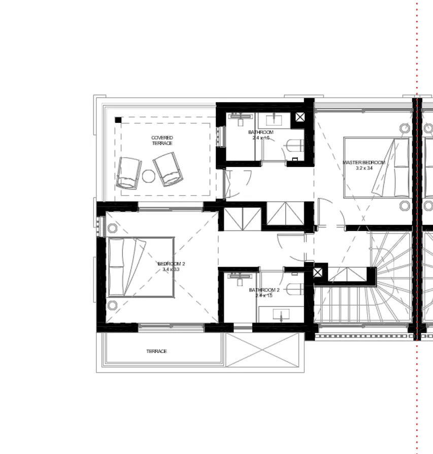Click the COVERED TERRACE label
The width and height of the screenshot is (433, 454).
(162, 141)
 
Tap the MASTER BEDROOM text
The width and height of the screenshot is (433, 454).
(364, 163)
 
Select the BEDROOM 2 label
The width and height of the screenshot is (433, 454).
(171, 264)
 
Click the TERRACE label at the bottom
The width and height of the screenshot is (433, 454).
(156, 351)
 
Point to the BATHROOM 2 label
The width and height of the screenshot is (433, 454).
(264, 290)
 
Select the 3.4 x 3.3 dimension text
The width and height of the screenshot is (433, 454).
(171, 270)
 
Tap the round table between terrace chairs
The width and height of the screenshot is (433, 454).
(148, 176)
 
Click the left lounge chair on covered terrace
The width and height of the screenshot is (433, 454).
(128, 173)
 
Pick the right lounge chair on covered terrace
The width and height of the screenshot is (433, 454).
(168, 170)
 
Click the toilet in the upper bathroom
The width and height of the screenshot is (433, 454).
(294, 147)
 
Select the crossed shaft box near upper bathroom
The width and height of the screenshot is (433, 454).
(300, 117)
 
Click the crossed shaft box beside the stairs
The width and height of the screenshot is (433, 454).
(318, 273)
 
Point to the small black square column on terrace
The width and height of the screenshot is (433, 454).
(118, 120)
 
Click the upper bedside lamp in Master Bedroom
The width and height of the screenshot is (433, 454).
(405, 128)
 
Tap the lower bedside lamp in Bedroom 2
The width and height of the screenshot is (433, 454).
(113, 305)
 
